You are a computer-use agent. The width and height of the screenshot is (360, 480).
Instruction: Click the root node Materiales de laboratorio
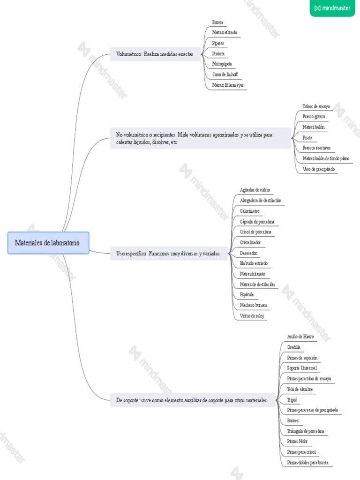coord(48,243)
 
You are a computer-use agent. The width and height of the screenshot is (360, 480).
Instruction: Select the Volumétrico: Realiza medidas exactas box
coord(155,54)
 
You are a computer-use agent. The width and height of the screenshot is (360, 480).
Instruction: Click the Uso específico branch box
coord(168,253)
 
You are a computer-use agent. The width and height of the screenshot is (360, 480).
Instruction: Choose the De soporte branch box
coord(192,400)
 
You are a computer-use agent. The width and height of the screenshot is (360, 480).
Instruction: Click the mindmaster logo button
coord(332,8)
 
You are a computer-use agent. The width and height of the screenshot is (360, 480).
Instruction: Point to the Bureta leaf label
coord(217,22)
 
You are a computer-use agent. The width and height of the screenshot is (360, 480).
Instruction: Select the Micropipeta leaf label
coord(222,64)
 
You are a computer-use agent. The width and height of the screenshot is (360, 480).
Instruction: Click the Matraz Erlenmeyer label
coord(228,85)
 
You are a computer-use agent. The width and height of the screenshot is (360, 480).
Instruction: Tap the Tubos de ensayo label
coord(316,106)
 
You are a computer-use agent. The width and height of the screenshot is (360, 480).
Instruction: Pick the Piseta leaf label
coord(307,138)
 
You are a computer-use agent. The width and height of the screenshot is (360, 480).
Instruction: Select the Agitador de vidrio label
coord(255,190)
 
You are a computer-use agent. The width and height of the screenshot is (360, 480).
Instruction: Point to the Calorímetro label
coord(249,211)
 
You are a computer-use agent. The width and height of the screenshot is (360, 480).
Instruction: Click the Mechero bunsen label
coord(253,305)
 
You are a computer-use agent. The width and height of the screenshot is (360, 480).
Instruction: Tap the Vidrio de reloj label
coord(252,316)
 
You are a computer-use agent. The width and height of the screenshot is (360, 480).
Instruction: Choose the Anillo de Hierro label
coord(300,337)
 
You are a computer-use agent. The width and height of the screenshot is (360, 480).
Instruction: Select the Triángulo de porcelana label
coord(306,431)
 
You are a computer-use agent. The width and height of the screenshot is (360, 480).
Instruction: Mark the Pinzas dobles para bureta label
coord(307,463)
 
